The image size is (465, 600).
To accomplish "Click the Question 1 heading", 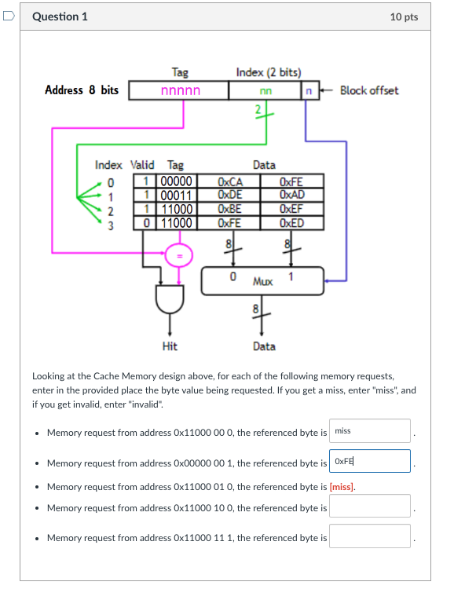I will click(60, 16).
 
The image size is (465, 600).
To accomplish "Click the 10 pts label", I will click(404, 16).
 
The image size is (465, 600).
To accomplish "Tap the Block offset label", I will click(368, 90).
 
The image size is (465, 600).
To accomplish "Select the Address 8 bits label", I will click(82, 90).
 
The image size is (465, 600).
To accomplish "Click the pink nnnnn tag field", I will click(180, 91).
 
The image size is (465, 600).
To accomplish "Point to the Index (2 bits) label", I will click(268, 72).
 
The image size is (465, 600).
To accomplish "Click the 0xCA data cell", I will click(229, 182).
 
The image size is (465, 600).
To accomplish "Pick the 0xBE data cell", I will click(229, 208).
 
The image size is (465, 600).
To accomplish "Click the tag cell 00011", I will click(176, 195).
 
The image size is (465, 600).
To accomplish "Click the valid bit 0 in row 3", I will click(147, 222).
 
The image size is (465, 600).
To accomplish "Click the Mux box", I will click(262, 280).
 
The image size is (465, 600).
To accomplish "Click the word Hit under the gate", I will click(169, 346).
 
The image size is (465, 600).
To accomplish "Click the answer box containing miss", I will click(369, 431).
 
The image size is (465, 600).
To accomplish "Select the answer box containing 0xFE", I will click(369, 461).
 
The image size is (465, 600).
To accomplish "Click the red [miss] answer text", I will click(342, 487).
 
